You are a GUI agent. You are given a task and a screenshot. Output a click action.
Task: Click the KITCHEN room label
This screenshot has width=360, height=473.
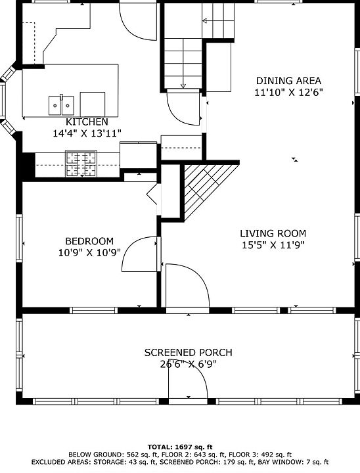click(87, 122)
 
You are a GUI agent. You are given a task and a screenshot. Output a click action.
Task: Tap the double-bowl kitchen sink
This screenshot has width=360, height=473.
click(61, 106)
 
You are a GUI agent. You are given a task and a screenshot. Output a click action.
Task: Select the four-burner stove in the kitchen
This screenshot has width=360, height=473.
click(81, 164)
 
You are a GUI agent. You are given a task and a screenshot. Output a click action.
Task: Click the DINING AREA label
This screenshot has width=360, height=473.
click(289, 81)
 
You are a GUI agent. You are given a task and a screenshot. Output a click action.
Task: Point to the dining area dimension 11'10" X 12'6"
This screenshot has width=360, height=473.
click(289, 93)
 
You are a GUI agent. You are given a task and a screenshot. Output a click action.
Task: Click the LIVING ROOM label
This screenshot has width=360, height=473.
click(273, 233)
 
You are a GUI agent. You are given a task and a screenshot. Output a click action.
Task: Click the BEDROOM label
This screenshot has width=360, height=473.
click(89, 241)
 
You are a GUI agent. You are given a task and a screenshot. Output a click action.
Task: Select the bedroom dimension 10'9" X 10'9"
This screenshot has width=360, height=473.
click(89, 252)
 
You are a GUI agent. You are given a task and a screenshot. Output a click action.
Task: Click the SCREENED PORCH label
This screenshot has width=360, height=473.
click(189, 353)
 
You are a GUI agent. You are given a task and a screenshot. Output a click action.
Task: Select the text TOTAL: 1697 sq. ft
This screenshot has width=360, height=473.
click(180, 447)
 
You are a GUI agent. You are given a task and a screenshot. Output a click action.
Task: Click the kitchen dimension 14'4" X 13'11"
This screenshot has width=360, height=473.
click(87, 133)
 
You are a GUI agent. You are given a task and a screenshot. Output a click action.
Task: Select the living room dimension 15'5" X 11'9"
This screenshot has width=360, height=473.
click(273, 245)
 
